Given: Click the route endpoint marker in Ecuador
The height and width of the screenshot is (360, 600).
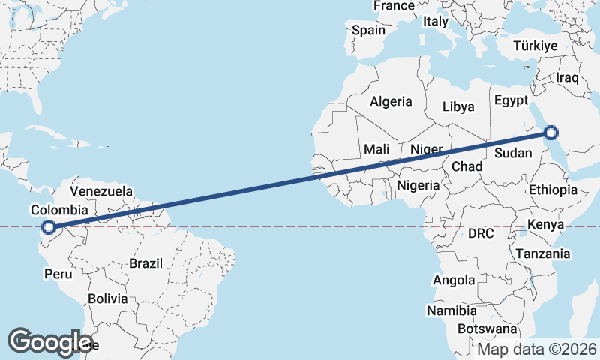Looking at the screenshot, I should (x=49, y=227).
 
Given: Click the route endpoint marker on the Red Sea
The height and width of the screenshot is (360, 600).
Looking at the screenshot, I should (x=551, y=133).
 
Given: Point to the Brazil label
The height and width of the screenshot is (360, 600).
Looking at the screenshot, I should (x=146, y=263).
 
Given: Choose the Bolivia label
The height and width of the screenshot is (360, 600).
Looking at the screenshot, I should (x=107, y=298).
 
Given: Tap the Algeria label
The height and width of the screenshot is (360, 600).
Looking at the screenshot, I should (x=391, y=101).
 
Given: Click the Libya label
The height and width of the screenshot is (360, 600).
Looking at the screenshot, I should (x=458, y=106).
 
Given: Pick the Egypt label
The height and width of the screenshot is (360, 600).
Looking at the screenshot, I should (x=511, y=100).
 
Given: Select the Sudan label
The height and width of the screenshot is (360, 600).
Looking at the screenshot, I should (x=514, y=154).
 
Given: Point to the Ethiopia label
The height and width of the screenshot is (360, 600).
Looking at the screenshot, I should (x=553, y=190).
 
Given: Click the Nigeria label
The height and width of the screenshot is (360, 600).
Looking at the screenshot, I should (x=418, y=184).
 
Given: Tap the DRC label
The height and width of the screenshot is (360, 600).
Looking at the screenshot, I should (x=481, y=233).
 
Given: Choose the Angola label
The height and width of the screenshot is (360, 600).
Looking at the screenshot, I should (x=454, y=280).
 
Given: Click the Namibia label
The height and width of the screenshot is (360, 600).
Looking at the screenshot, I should (x=451, y=310).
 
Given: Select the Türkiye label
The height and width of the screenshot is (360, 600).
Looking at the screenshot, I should (x=535, y=46).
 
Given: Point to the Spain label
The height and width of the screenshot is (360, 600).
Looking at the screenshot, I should (x=369, y=31).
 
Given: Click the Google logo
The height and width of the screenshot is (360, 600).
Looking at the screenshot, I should (x=50, y=342).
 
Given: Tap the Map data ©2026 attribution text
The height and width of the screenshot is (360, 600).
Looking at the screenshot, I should (x=537, y=349).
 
